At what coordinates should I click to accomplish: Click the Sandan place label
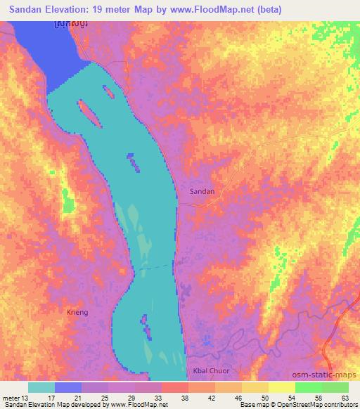pyautogui.click(x=202, y=190)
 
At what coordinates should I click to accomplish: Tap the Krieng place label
pyautogui.click(x=78, y=312)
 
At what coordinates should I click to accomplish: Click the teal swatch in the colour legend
pyautogui.click(x=41, y=387)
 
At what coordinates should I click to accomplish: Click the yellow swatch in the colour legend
pyautogui.click(x=282, y=387)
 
